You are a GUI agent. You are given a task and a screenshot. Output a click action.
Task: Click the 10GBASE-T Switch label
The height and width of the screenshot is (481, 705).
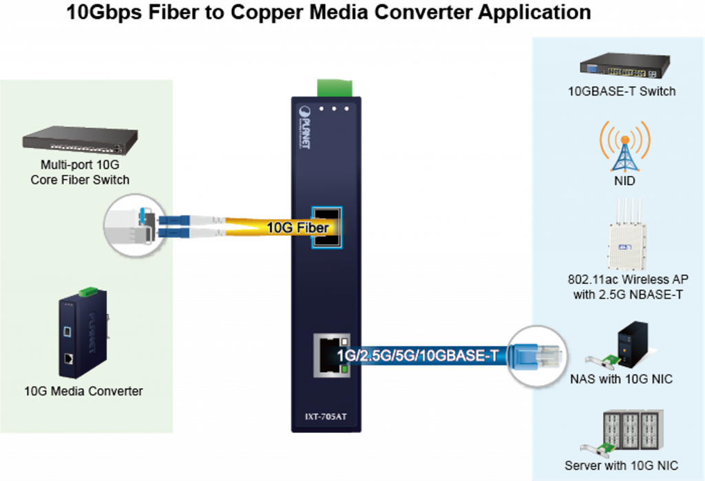[x=621, y=91]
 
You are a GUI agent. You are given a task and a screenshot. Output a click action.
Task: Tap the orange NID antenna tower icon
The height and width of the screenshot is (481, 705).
[x=624, y=146]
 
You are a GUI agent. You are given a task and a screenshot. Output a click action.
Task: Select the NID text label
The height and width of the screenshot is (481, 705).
[x=624, y=182]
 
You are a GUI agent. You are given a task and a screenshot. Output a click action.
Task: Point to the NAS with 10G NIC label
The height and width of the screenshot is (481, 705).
[x=621, y=378]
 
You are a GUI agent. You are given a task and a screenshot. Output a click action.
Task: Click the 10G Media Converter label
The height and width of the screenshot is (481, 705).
[x=83, y=392]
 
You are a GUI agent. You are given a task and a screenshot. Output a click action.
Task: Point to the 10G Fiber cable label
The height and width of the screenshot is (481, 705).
[x=297, y=227]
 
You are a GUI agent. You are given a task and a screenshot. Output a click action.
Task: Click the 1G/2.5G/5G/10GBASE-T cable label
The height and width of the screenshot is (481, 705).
[x=417, y=356]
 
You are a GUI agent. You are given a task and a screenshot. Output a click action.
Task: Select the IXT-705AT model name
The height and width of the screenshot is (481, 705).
[x=326, y=416]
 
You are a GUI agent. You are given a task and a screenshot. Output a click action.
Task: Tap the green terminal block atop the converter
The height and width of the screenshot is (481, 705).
[x=334, y=88]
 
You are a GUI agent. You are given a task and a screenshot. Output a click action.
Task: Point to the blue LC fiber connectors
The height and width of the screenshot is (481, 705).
[x=167, y=226]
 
